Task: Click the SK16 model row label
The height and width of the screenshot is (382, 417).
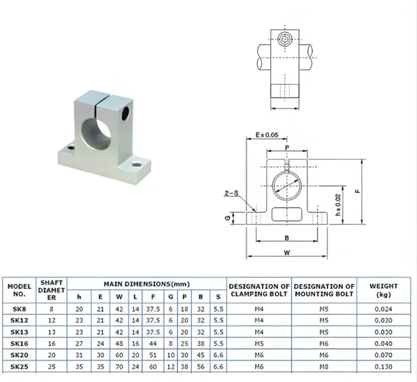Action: coord(19,344)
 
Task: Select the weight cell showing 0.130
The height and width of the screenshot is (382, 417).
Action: coord(383,367)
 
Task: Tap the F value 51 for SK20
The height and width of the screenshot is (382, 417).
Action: coord(153,355)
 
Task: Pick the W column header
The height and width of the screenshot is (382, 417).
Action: coord(119,297)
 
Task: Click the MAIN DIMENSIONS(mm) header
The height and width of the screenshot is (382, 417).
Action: coord(147,284)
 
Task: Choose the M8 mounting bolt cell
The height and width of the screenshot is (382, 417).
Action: coord(324,367)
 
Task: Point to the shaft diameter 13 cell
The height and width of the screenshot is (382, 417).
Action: coord(51,332)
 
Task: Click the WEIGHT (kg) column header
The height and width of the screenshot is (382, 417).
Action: coord(383,290)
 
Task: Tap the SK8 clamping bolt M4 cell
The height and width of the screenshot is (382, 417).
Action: coord(259,309)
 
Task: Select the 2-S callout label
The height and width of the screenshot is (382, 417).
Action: coord(231,193)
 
